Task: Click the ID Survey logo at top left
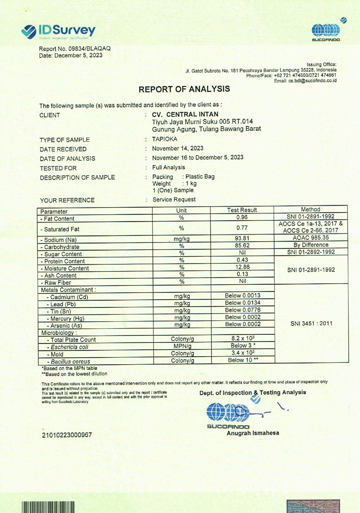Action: (59, 31)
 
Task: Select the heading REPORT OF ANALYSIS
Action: (184, 89)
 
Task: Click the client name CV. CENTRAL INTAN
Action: (185, 114)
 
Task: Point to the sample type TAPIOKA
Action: (165, 139)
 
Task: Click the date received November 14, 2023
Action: (178, 148)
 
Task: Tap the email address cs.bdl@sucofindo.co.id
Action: (312, 81)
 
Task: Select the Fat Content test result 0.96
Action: (242, 217)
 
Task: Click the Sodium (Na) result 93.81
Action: (242, 238)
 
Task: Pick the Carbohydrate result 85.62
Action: (242, 245)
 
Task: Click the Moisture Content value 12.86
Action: (242, 267)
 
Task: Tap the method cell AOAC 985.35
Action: (311, 237)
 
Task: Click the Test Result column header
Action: (242, 210)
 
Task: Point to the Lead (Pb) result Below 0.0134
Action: (243, 302)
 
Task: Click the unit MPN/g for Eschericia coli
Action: (182, 346)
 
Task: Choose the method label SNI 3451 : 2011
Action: (311, 323)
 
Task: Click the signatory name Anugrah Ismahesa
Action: (253, 433)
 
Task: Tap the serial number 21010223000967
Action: (67, 435)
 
